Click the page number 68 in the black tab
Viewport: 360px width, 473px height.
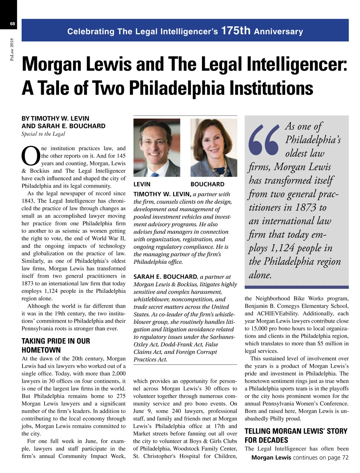coord(12,24)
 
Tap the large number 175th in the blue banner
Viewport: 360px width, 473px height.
coord(235,31)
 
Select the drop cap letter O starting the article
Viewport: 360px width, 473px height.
coord(31,156)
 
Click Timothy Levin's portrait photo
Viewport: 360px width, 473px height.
coord(157,147)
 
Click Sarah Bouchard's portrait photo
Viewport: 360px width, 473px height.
coord(214,147)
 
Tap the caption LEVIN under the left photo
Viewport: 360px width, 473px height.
coord(142,184)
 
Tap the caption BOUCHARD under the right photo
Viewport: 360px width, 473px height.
coord(207,184)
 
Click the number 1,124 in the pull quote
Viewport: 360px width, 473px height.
coord(282,248)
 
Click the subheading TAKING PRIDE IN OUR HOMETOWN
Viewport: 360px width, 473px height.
coord(56,345)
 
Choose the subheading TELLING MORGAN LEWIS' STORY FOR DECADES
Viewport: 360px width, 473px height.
coord(296,435)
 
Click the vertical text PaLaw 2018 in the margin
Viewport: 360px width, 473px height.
coord(12,49)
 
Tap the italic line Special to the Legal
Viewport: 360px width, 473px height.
coord(43,134)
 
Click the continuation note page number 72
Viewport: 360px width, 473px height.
coord(345,457)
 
